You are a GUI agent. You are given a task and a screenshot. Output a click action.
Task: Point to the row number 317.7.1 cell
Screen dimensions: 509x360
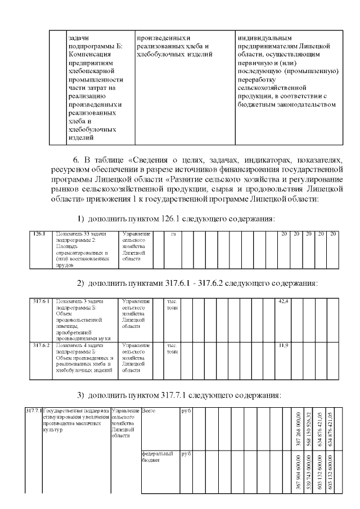[x=34, y=411]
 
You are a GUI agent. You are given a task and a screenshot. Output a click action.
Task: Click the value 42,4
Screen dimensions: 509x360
[x=284, y=302]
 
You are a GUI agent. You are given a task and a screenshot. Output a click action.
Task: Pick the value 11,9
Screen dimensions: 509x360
[x=284, y=345]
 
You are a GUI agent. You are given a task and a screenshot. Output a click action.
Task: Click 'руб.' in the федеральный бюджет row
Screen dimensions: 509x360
[x=186, y=453]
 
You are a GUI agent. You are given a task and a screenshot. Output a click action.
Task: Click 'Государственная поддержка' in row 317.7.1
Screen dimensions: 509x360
[x=76, y=411]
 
